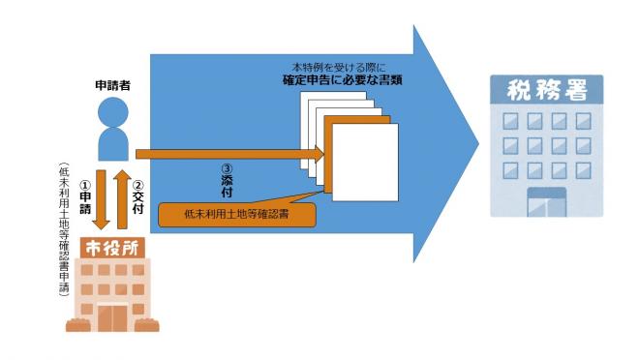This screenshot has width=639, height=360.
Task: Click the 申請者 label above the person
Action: (x=114, y=86)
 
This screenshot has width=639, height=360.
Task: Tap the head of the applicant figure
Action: (x=114, y=112)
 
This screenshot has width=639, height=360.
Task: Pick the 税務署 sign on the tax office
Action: (x=548, y=92)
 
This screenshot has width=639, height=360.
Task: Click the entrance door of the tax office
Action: (x=547, y=202)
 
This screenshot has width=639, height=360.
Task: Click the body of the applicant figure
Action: (x=114, y=143)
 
